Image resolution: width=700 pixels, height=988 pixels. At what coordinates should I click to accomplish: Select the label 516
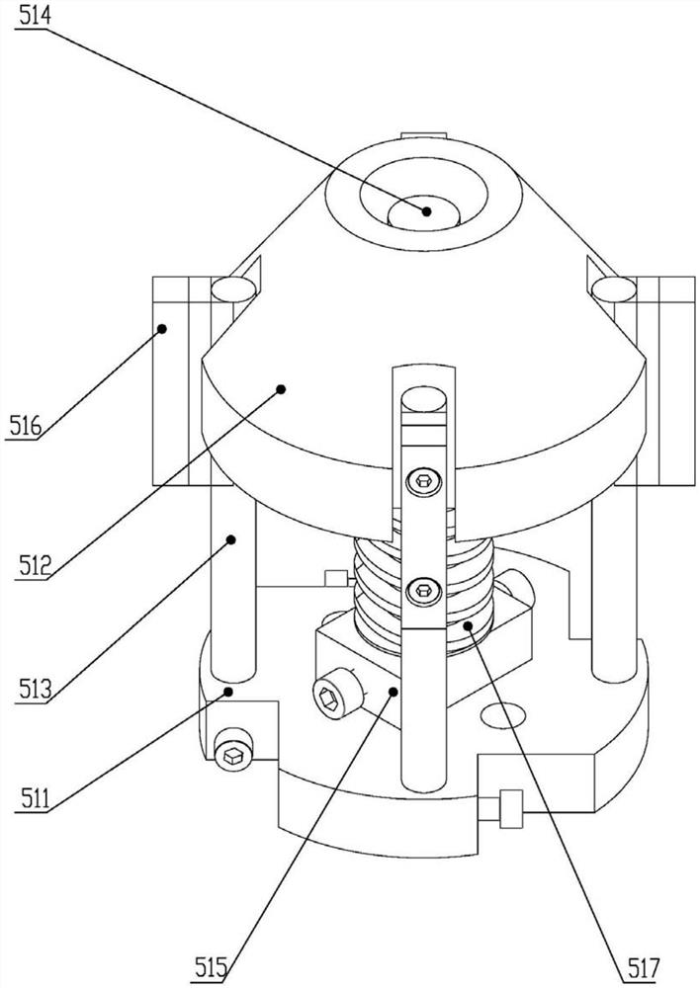point(26,427)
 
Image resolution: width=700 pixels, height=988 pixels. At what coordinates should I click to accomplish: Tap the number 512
point(34,565)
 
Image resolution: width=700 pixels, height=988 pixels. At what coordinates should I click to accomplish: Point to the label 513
point(35,690)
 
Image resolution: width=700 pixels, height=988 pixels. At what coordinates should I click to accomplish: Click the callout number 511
point(35,798)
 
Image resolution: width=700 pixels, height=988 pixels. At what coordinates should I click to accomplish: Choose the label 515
point(211,967)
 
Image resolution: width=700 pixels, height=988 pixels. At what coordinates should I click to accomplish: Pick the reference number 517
point(643,967)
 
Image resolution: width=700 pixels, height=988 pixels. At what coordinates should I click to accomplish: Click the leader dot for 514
point(427,211)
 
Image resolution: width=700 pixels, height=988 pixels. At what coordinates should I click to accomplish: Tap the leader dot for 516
point(162,328)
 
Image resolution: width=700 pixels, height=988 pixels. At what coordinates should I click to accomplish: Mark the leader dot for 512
point(281,389)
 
